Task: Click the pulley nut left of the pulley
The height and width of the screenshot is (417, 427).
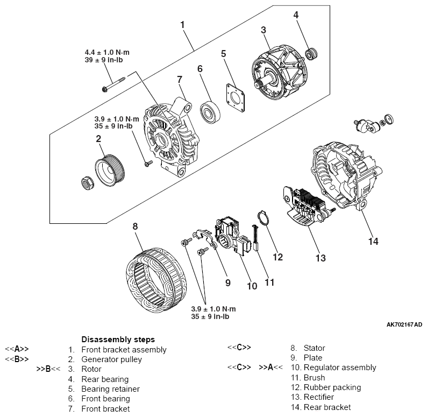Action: tap(87, 183)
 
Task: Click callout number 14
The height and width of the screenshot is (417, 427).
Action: tap(373, 242)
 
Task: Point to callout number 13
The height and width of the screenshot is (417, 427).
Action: tap(320, 258)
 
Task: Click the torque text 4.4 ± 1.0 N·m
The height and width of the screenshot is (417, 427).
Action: tap(108, 52)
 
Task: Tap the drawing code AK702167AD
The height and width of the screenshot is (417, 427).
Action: tap(404, 325)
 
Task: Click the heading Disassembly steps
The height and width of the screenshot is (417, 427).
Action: tap(118, 340)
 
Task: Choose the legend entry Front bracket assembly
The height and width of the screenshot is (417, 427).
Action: tap(124, 350)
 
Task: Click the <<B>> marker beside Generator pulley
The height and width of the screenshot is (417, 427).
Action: tap(17, 359)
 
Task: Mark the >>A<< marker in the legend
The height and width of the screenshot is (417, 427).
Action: tap(270, 367)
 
